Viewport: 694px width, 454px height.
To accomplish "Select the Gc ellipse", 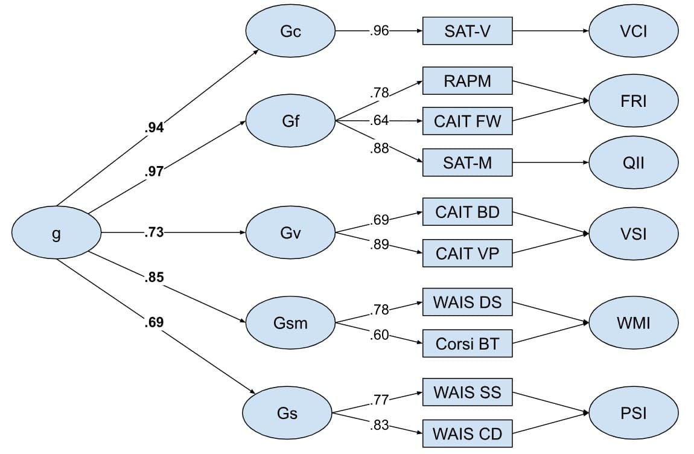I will pyautogui.click(x=290, y=31).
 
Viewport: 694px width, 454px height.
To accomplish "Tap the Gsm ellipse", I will pyautogui.click(x=290, y=323).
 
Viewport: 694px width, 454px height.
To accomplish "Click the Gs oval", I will pyautogui.click(x=287, y=414).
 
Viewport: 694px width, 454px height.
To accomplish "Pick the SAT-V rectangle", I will pyautogui.click(x=467, y=31).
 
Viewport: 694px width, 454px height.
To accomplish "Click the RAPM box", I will pyautogui.click(x=467, y=81).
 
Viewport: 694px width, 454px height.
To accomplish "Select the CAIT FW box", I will pyautogui.click(x=467, y=121).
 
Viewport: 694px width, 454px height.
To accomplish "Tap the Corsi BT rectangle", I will pyautogui.click(x=467, y=344).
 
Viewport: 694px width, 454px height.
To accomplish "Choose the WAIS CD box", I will pyautogui.click(x=467, y=433).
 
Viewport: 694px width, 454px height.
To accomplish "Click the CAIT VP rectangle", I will pyautogui.click(x=467, y=254).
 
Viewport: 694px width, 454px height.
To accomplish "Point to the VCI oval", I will pyautogui.click(x=634, y=31).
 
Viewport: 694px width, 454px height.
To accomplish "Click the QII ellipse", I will pyautogui.click(x=634, y=162).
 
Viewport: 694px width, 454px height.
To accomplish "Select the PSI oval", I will pyautogui.click(x=634, y=414).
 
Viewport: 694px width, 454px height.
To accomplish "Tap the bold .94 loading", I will pyautogui.click(x=154, y=127).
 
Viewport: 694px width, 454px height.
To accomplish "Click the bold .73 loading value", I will pyautogui.click(x=154, y=232).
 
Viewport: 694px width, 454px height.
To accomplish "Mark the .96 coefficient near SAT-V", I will pyautogui.click(x=379, y=31).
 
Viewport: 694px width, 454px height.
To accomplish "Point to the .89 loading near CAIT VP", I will pyautogui.click(x=380, y=245).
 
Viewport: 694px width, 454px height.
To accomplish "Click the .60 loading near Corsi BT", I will pyautogui.click(x=380, y=335).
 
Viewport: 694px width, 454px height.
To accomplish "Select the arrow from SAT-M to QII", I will pyautogui.click(x=550, y=162).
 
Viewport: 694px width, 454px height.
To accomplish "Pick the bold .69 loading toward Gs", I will pyautogui.click(x=154, y=322).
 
